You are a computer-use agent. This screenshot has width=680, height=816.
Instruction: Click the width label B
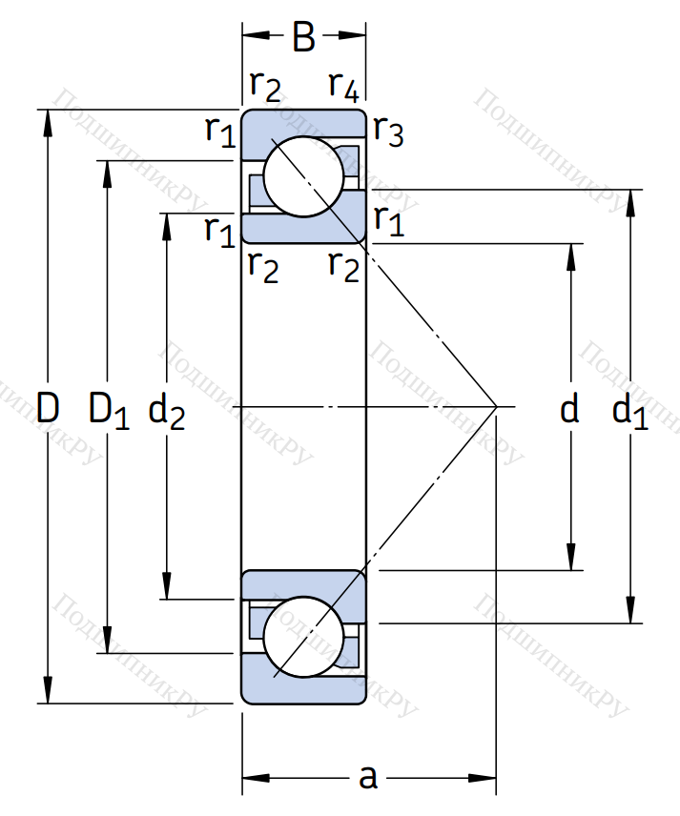point(303,38)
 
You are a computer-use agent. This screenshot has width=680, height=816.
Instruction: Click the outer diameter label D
point(48,409)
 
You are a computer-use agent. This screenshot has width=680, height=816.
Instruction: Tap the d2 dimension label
point(167,410)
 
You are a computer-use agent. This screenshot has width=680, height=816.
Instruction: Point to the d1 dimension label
point(630,410)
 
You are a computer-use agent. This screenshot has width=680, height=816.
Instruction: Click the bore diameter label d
point(569,410)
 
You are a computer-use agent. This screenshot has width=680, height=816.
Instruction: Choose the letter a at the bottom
point(368,778)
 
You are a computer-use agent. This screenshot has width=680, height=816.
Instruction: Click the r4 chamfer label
point(344,86)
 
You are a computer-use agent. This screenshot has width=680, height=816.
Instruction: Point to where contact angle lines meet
point(497,407)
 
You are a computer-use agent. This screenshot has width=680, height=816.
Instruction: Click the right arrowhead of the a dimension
point(487,778)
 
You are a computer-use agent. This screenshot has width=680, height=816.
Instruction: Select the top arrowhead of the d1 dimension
point(630,200)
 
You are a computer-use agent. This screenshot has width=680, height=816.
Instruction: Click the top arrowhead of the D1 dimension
point(108,171)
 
